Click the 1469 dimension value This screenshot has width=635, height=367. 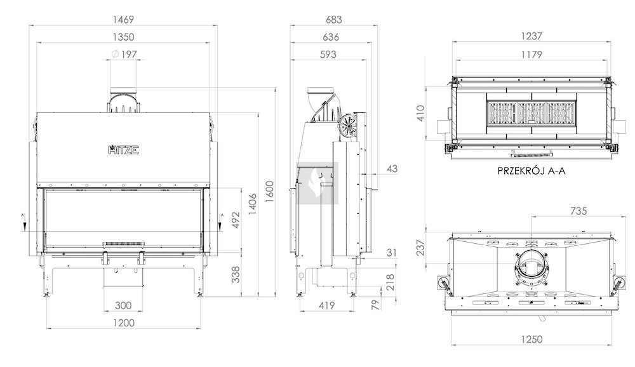(x=123, y=19)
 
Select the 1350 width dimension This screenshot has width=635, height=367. (x=123, y=37)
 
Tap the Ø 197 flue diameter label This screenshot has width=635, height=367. (x=124, y=54)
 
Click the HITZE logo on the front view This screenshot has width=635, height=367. (x=124, y=149)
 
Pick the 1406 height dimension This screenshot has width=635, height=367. (x=252, y=204)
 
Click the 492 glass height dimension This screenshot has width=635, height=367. (x=236, y=220)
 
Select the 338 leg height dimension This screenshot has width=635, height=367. (x=236, y=274)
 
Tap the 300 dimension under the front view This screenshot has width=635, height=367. (x=123, y=305)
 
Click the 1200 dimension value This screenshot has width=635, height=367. (x=124, y=323)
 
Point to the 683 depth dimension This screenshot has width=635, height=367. (x=334, y=19)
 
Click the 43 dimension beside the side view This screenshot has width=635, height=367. (x=392, y=168)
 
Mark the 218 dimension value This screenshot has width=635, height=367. (x=390, y=283)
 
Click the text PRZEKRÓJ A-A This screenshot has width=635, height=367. (x=531, y=171)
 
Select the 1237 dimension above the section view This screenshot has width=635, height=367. (x=531, y=36)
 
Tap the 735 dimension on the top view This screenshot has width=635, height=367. (x=578, y=211)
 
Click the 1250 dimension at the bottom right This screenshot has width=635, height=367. (x=531, y=339)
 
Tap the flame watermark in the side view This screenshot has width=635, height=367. (x=317, y=183)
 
